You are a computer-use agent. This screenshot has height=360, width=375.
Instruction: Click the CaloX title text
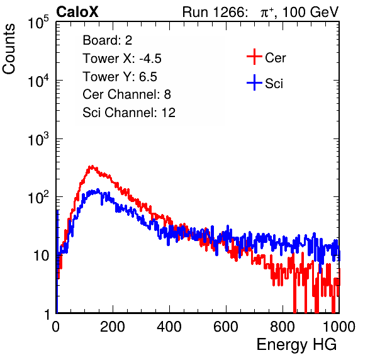(x=77, y=12)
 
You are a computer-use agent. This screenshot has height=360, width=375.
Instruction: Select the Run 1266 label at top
(x=215, y=12)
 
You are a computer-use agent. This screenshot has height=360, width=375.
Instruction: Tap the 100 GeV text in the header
(x=310, y=12)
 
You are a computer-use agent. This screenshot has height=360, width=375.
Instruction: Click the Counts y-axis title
(x=9, y=49)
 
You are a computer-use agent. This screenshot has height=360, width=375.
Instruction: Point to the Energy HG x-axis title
(x=296, y=344)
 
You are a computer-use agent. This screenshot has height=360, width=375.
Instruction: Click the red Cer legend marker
(x=254, y=57)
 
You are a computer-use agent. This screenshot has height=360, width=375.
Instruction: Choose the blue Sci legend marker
(x=254, y=82)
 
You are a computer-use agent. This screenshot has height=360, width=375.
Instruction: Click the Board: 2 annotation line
(x=108, y=40)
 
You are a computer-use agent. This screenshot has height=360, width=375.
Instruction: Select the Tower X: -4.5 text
(x=122, y=59)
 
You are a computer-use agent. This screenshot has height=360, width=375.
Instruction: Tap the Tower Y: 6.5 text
(x=120, y=77)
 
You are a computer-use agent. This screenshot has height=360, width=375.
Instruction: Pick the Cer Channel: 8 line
(x=126, y=94)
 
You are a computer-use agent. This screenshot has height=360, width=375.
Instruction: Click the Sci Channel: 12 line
(x=129, y=113)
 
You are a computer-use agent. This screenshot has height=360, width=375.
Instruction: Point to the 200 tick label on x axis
(x=113, y=327)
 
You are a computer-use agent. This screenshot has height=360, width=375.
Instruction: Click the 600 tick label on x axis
(x=226, y=327)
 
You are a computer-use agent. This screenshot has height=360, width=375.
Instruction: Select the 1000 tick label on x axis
(x=339, y=327)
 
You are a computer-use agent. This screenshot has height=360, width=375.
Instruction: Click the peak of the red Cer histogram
(x=92, y=166)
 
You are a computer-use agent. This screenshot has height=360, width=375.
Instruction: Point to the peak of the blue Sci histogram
(x=98, y=190)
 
